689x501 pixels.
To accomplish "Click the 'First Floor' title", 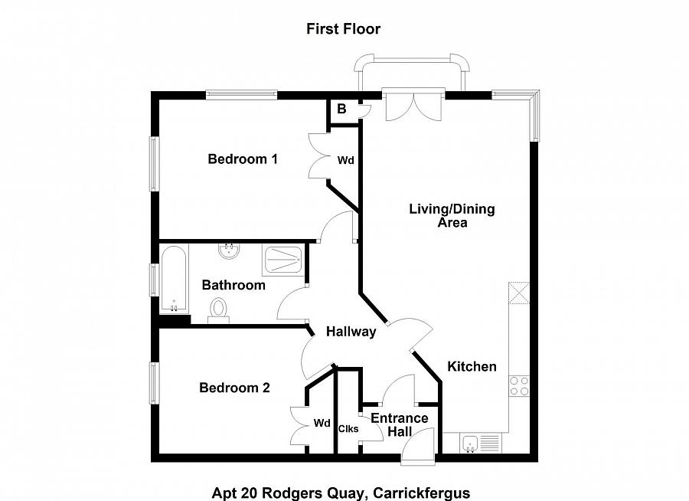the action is (x=343, y=29).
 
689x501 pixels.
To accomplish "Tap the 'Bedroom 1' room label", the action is (x=243, y=159).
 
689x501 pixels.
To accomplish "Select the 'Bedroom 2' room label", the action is (x=234, y=388).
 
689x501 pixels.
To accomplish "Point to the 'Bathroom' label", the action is (x=233, y=285).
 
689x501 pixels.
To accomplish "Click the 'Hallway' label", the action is (x=351, y=332).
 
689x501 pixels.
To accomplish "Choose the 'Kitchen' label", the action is (x=472, y=366).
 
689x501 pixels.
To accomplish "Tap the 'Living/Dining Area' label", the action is (x=452, y=215).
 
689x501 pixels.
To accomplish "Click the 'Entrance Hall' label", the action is (x=400, y=424).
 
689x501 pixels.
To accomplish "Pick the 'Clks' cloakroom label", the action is (x=348, y=428).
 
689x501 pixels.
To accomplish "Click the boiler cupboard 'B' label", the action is (x=342, y=109).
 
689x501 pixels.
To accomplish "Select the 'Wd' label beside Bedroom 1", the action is (x=346, y=161).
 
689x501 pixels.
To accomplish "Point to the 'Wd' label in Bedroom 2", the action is (x=322, y=423).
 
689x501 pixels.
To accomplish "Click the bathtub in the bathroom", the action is (x=174, y=279).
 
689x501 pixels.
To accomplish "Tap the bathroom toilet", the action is (x=218, y=310).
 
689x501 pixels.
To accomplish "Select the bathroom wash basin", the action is (x=229, y=251).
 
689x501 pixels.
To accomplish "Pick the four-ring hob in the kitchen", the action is (x=519, y=386).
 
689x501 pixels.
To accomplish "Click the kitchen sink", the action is (x=471, y=443).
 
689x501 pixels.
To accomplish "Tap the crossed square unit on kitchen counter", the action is (x=519, y=293).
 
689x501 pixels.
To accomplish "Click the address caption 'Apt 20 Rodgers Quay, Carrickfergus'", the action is (x=341, y=493).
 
